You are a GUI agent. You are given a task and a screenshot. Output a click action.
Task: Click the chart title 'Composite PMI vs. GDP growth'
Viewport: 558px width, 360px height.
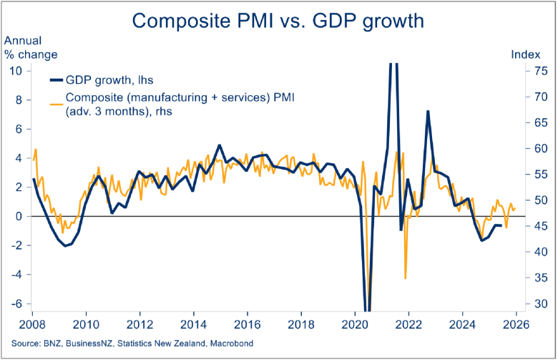pyautogui.click(x=278, y=21)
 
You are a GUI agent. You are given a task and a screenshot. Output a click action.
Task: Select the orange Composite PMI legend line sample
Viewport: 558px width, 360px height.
pyautogui.click(x=54, y=104)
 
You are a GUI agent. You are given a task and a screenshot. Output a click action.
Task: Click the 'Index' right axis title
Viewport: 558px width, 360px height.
pyautogui.click(x=524, y=54)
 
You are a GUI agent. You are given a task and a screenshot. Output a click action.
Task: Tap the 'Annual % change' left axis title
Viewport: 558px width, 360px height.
pyautogui.click(x=31, y=47)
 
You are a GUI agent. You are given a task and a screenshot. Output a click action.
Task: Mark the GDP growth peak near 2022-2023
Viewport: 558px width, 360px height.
pyautogui.click(x=427, y=112)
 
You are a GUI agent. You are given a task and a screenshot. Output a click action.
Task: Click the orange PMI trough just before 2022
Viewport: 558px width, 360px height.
pyautogui.click(x=406, y=278)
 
